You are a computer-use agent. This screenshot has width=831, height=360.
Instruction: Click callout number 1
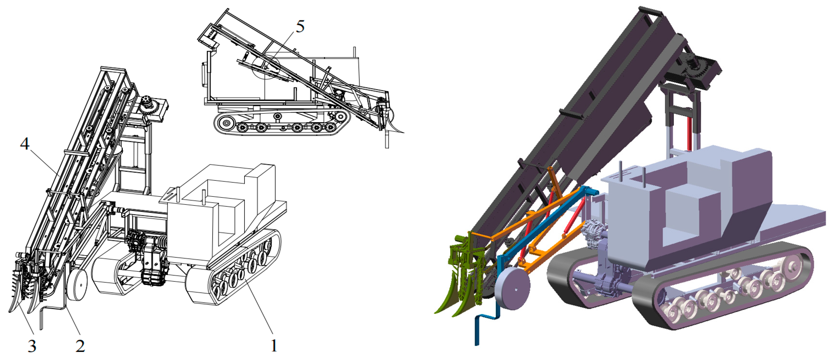[274, 345]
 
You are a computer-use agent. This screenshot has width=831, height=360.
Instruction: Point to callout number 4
[25, 143]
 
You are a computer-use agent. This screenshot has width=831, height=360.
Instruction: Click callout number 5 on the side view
[300, 26]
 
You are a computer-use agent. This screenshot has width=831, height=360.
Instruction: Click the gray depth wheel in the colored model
[512, 288]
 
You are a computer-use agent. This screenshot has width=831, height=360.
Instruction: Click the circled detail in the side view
[267, 66]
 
